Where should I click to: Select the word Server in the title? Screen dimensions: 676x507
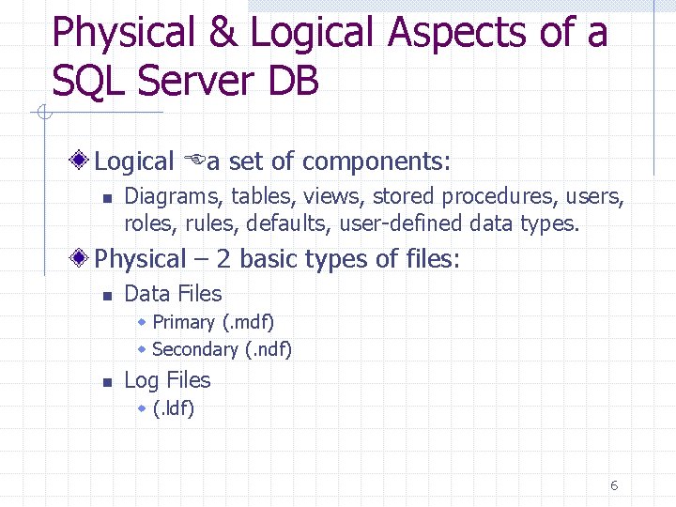click(191, 82)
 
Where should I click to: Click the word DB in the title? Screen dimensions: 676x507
click(293, 82)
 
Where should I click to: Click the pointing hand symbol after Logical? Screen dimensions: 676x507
click(195, 161)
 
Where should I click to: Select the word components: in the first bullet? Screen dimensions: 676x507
click(377, 161)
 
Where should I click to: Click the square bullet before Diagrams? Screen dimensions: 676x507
click(107, 198)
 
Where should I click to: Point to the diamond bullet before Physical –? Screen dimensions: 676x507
click(84, 258)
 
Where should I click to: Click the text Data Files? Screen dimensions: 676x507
click(173, 294)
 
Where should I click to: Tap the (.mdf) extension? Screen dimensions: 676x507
click(248, 322)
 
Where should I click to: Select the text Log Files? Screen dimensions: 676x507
click(167, 380)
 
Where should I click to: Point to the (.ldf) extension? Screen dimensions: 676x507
click(174, 408)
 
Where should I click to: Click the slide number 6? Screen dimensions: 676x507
click(614, 485)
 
